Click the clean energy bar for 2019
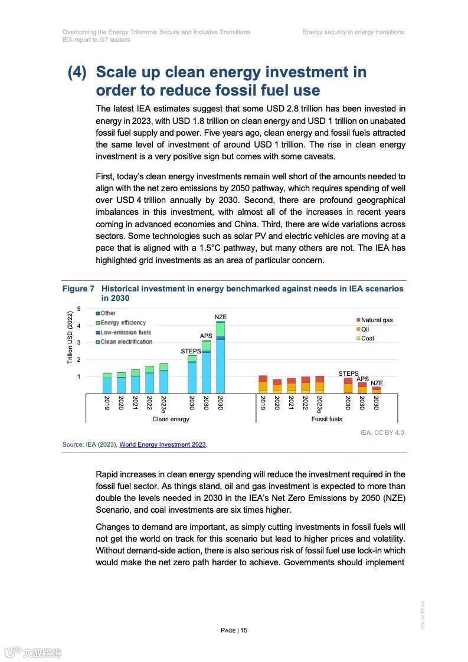click(107, 383)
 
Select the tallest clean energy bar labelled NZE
click(220, 358)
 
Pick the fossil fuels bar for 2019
click(263, 384)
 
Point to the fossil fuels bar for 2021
click(291, 385)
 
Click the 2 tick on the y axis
click(79, 359)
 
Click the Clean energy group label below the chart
click(171, 419)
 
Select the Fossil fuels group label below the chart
click(326, 419)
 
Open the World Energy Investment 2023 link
click(162, 444)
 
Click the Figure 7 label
click(78, 289)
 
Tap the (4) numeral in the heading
click(77, 73)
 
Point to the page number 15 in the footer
click(234, 630)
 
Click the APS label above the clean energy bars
click(206, 336)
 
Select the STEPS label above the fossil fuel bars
click(348, 373)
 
